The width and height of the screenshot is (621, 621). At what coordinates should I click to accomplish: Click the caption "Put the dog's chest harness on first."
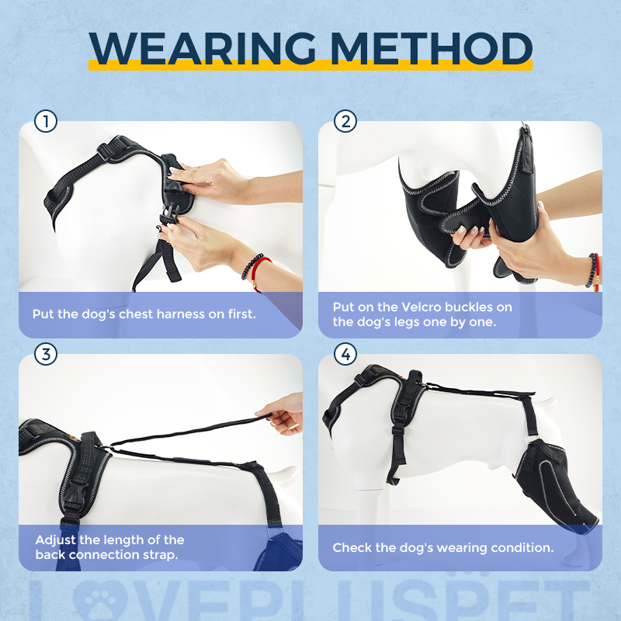pyautogui.click(x=144, y=314)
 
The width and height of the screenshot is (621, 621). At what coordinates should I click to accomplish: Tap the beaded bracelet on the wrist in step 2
pyautogui.click(x=594, y=271)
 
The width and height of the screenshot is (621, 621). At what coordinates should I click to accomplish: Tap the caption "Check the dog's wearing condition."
pyautogui.click(x=442, y=547)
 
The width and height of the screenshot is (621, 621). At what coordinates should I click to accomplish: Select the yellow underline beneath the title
pyautogui.click(x=310, y=67)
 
